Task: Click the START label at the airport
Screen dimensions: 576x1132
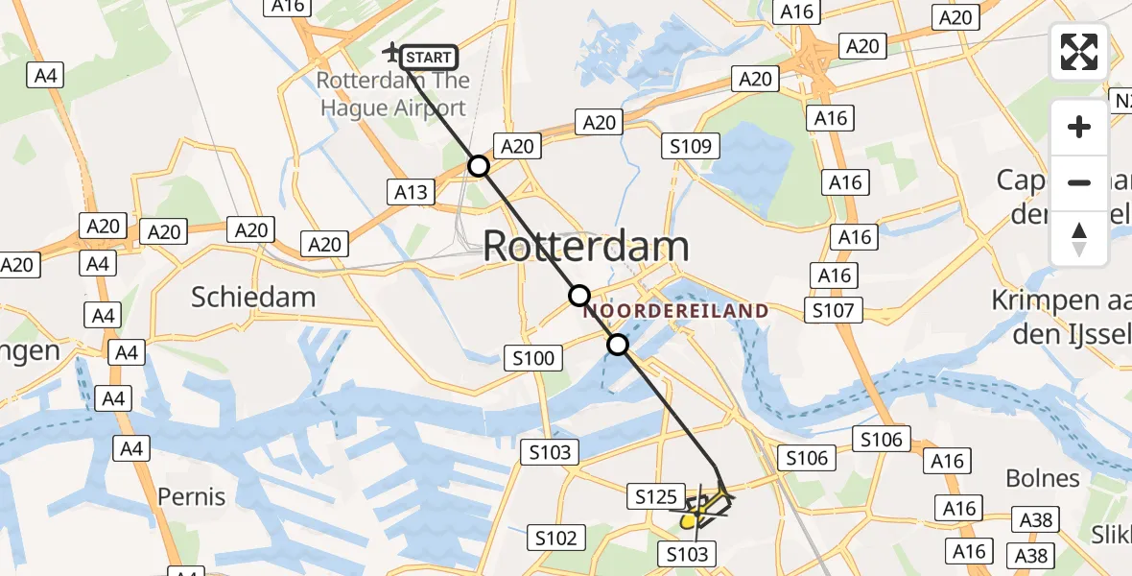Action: (429, 58)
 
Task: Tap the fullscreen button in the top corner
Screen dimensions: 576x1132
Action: (1079, 52)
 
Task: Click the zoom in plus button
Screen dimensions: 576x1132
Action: (1079, 127)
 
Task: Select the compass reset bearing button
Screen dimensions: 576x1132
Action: (1079, 239)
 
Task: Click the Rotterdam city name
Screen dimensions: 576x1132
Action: (585, 247)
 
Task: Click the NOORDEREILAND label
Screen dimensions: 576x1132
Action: (676, 311)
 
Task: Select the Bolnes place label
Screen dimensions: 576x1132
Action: (1042, 478)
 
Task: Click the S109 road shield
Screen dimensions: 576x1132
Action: (691, 146)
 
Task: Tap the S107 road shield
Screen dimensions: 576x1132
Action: (834, 310)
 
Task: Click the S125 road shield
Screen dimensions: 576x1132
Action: (656, 496)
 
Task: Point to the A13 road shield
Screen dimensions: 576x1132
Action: (412, 192)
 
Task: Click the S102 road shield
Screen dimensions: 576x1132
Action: (555, 537)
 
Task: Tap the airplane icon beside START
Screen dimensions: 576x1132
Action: (392, 51)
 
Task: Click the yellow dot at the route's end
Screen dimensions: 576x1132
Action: (689, 521)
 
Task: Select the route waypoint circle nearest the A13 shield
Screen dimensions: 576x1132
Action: (478, 167)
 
